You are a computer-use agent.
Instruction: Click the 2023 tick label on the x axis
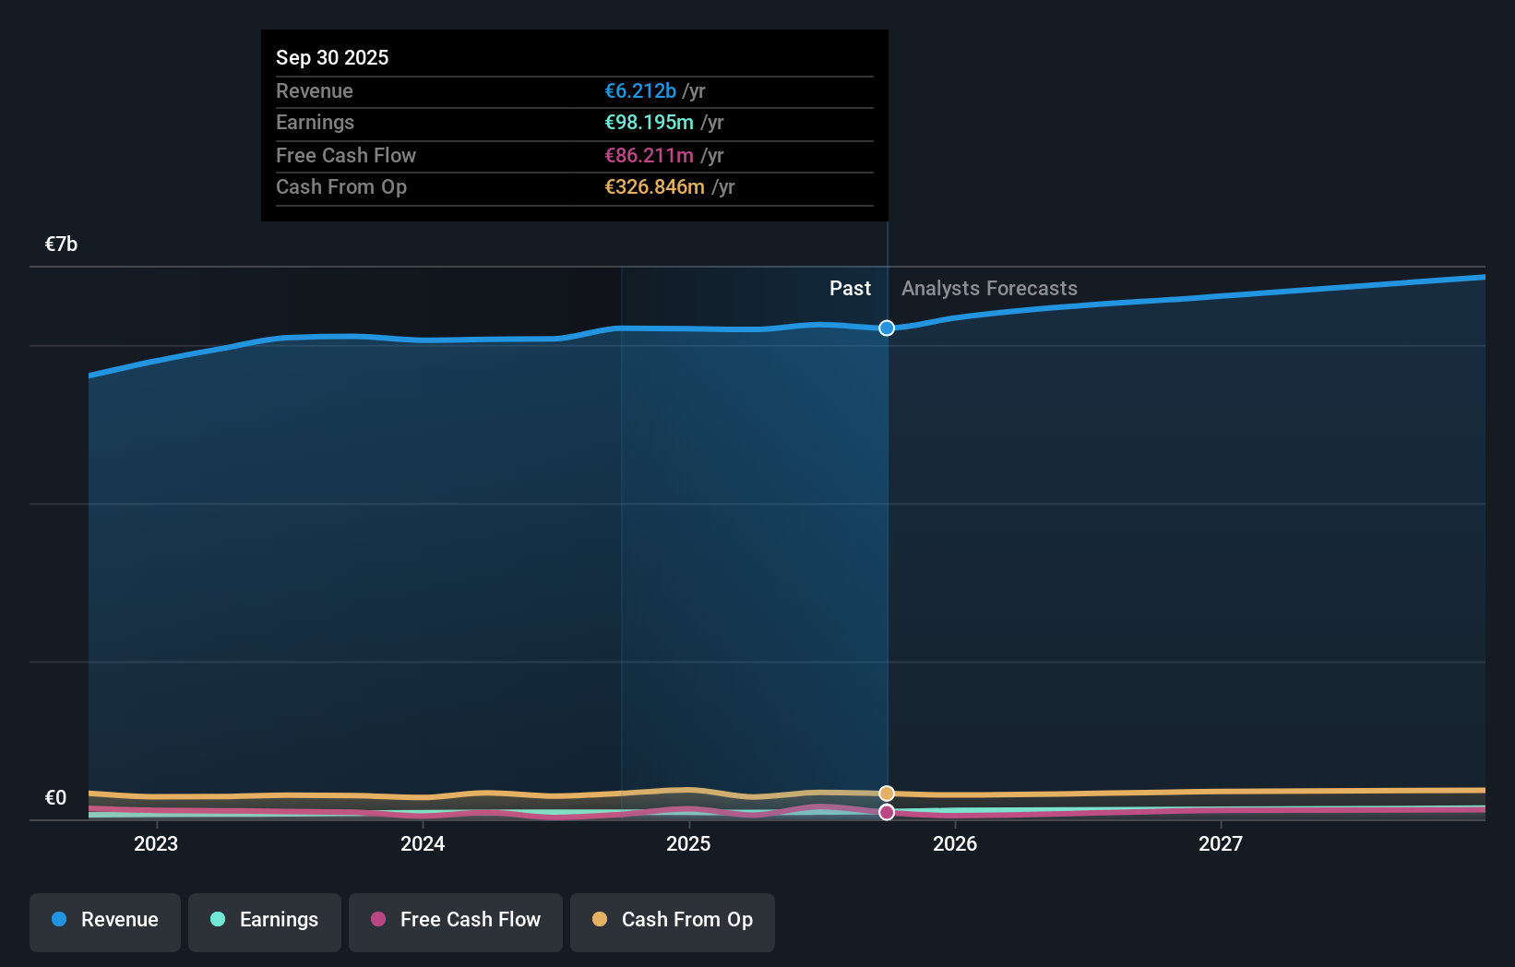coord(156,843)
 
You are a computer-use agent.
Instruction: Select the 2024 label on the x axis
coord(423,843)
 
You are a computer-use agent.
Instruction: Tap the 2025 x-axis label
coord(688,843)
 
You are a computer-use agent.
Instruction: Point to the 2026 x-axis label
coord(955,843)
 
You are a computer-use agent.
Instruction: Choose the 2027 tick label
coord(1221,843)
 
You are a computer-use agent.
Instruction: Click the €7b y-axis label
coord(61,244)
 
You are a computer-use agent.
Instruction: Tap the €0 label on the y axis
coord(55,797)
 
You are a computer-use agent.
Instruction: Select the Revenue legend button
coord(105,920)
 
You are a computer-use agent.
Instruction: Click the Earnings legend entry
coord(265,920)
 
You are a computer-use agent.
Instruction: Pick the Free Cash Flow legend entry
coord(456,920)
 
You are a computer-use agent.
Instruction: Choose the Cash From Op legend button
coord(673,920)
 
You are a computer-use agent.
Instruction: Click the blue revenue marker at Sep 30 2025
coord(887,328)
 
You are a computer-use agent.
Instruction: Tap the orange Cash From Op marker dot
coord(887,794)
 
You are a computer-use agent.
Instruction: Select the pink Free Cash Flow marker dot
coord(887,812)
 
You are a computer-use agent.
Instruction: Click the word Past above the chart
coord(850,289)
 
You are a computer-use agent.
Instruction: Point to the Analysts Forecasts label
coord(989,289)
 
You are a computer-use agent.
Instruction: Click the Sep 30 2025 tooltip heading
coord(332,57)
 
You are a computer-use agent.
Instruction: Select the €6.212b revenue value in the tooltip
coord(640,91)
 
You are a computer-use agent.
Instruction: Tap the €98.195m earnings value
coord(649,123)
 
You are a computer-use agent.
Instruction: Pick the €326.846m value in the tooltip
coord(654,187)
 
